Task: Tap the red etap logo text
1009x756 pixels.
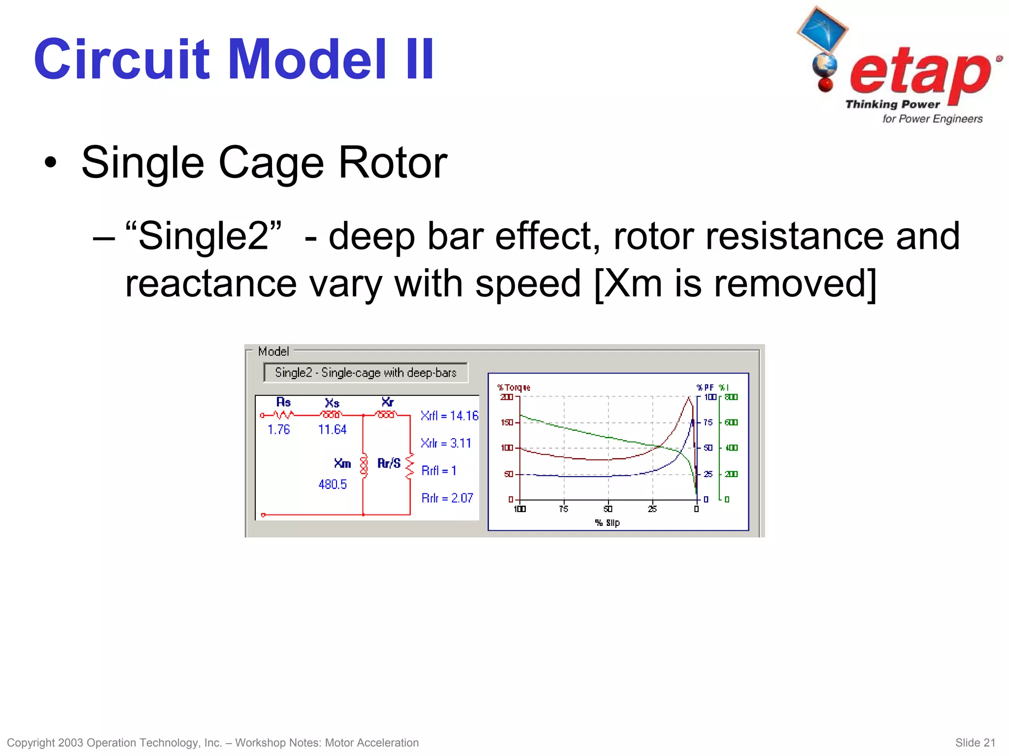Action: [920, 72]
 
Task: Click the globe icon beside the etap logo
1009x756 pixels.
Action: [824, 66]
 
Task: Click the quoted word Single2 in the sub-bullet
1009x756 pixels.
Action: [204, 236]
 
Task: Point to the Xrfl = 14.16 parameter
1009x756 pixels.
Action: [449, 416]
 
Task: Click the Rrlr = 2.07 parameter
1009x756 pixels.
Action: [447, 498]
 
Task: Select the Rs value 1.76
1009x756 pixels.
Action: [278, 430]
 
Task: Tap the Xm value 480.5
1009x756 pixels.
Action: [333, 484]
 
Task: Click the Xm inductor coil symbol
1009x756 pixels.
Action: [364, 465]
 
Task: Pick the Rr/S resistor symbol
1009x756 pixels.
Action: [409, 466]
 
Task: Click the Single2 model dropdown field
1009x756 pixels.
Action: [366, 373]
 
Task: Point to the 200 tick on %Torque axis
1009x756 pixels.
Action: [506, 397]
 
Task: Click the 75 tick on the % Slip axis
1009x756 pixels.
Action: [564, 509]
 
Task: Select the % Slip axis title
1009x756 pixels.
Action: [607, 523]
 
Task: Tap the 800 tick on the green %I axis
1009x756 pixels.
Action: [731, 397]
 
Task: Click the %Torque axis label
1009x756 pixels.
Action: [514, 388]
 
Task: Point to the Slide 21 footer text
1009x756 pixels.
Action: [975, 743]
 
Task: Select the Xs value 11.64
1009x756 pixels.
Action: [333, 430]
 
